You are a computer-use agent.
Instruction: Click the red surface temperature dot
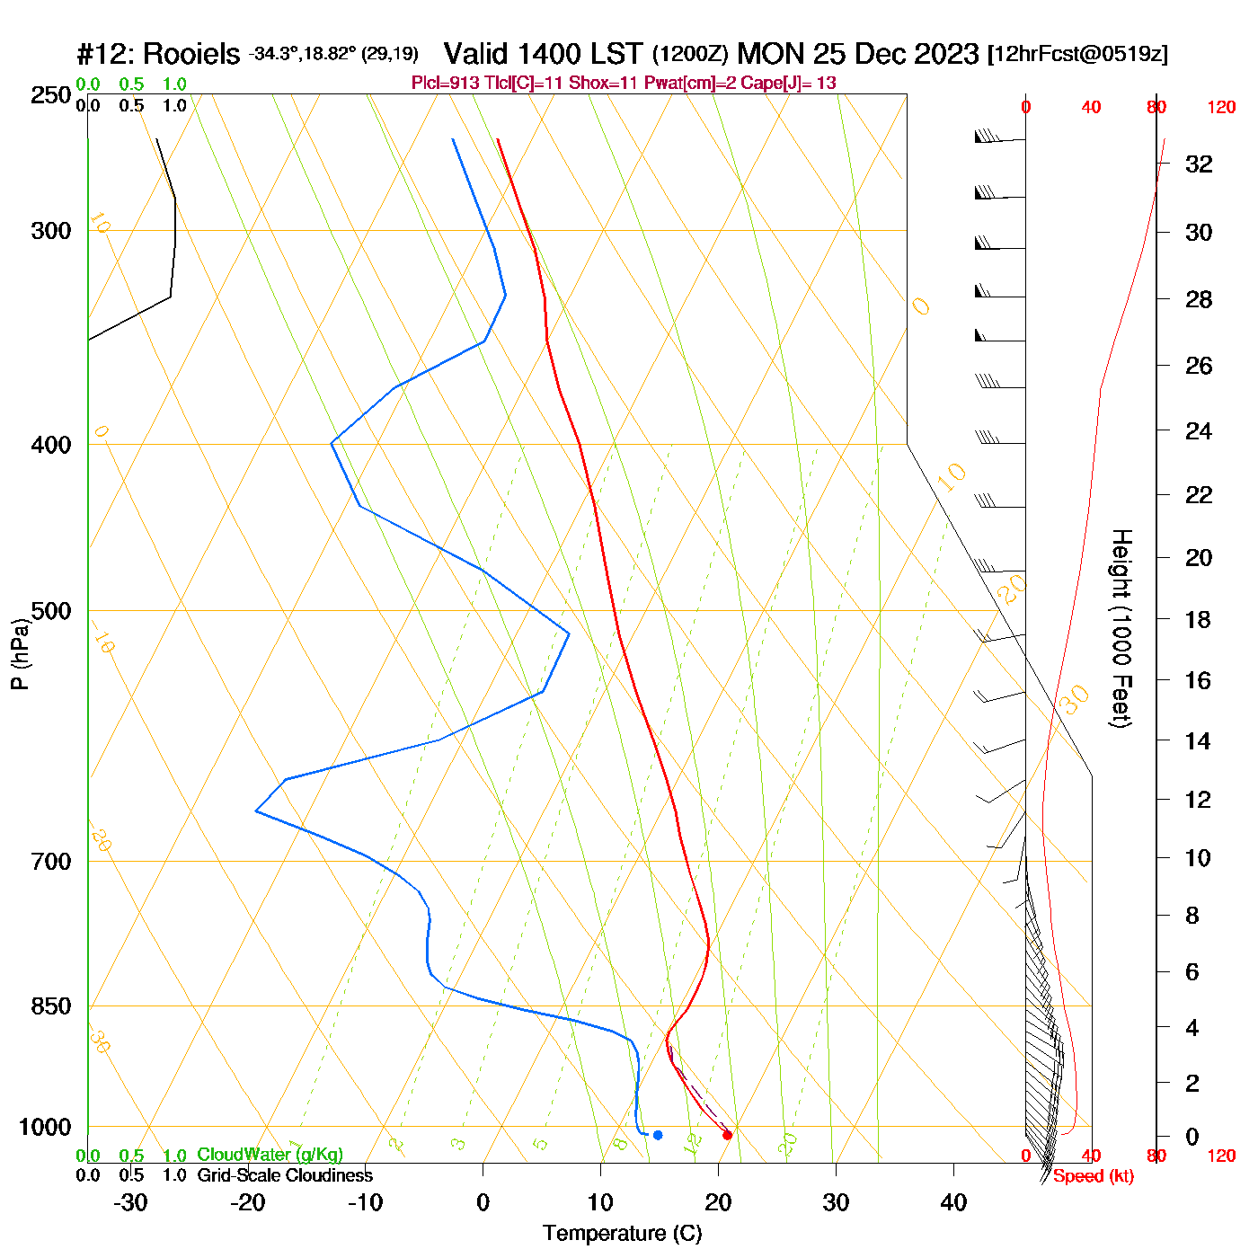[727, 1135]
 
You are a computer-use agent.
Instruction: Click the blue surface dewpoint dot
[658, 1135]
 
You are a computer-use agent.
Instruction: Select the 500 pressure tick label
[51, 611]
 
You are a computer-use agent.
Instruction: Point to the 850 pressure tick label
[51, 1006]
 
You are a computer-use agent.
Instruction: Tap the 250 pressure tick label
[51, 95]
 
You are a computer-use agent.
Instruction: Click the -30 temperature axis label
[130, 1202]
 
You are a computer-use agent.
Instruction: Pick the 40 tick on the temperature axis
[953, 1202]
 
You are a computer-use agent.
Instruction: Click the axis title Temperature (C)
[622, 1234]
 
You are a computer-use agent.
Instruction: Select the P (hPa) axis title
[20, 653]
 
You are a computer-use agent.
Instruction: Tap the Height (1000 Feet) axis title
[1121, 628]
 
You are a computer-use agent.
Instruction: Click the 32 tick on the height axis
[1199, 164]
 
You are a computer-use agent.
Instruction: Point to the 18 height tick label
[1199, 619]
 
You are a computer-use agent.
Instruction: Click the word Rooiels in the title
[191, 54]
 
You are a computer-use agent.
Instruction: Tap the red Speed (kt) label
[1093, 1176]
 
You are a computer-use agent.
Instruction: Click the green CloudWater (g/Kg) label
[270, 1155]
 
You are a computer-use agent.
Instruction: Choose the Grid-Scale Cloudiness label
[285, 1175]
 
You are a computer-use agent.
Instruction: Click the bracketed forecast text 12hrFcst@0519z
[1077, 54]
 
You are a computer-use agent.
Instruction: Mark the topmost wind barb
[999, 138]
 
